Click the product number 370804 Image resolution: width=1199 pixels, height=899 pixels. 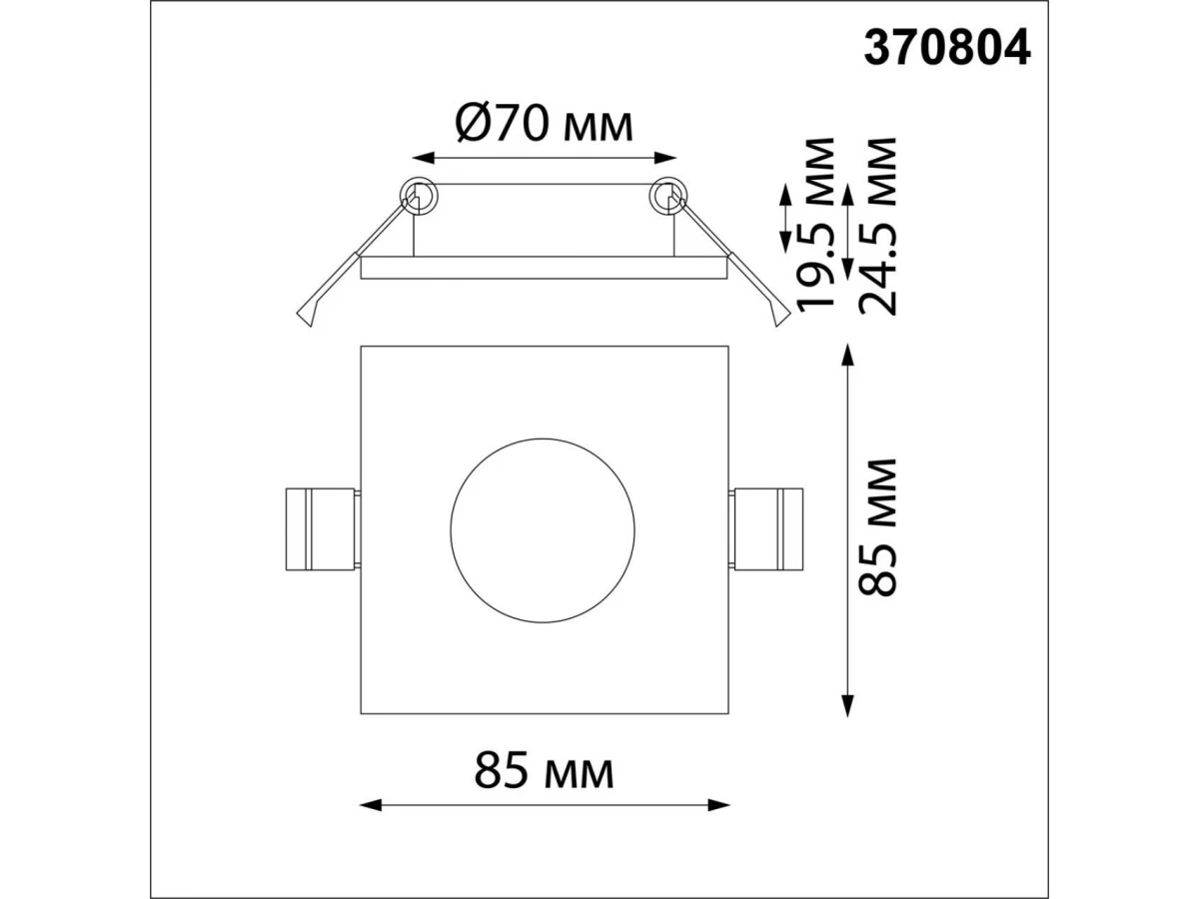pos(946,48)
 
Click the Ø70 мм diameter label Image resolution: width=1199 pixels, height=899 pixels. pos(545,126)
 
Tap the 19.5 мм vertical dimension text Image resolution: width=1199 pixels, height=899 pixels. pos(816,225)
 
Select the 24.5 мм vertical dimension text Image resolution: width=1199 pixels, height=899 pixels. pos(877,227)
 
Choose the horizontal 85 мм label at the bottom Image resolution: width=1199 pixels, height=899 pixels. pos(545,771)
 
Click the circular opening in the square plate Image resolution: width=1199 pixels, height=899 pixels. pos(543,530)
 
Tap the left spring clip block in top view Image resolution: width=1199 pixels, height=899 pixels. pos(323,529)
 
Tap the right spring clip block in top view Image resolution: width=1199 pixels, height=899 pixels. pos(766,529)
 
